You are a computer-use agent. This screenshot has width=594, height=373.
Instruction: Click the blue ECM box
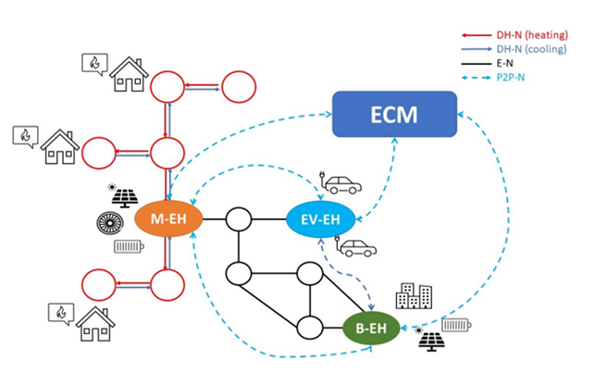click(395, 115)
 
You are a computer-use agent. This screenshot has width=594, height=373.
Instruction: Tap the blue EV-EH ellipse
click(320, 220)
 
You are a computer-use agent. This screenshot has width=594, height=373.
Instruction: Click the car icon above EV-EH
click(340, 183)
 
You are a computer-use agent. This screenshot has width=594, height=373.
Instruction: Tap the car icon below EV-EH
click(355, 248)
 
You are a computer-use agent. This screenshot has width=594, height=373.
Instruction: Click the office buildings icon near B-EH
click(413, 296)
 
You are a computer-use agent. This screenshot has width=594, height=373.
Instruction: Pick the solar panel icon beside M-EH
click(125, 197)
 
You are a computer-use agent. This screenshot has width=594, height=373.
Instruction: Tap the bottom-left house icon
click(97, 323)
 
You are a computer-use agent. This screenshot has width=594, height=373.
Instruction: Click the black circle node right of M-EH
click(240, 220)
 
